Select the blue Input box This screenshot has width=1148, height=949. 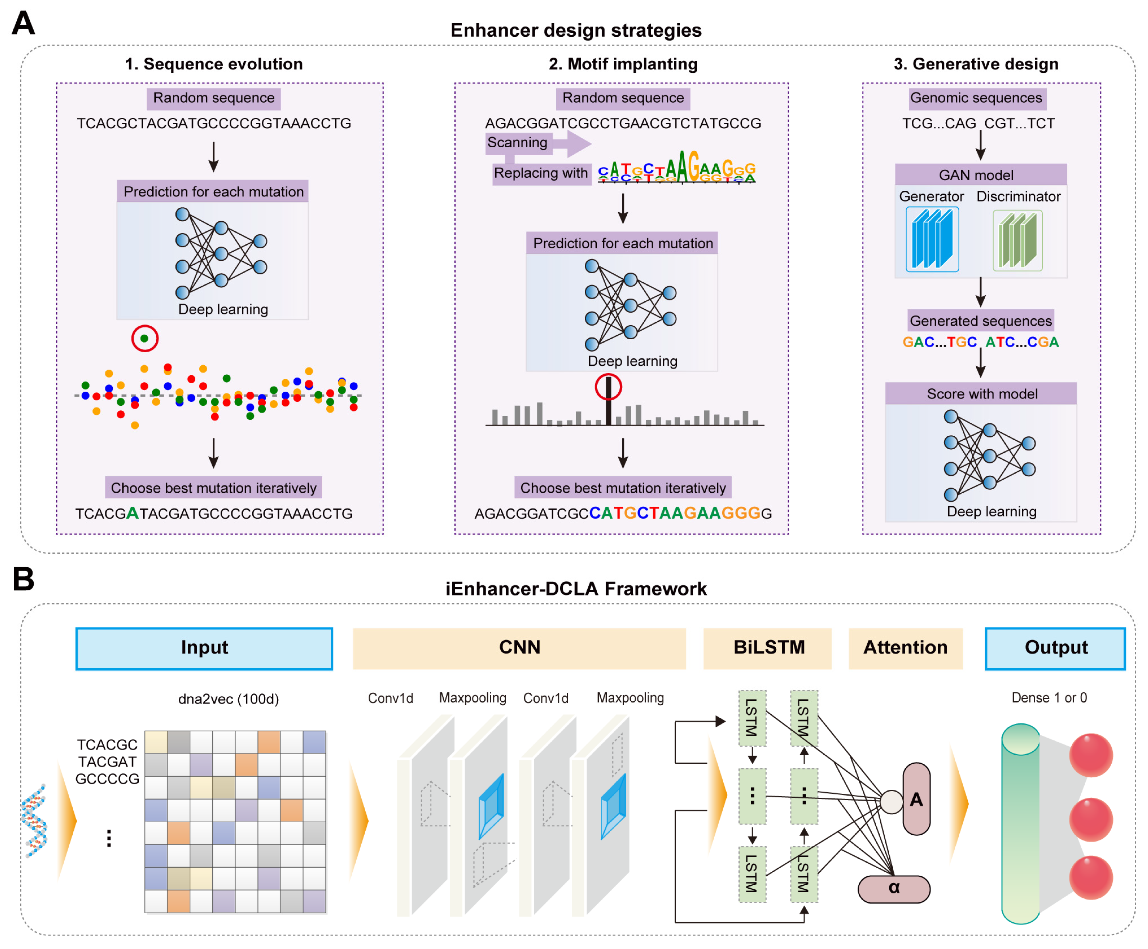[x=204, y=648]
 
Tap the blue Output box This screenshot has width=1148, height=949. [x=1055, y=648]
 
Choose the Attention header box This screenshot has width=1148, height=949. [x=905, y=648]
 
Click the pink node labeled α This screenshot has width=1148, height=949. [x=894, y=888]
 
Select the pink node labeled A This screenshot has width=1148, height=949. [x=916, y=799]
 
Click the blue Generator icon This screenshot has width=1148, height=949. [x=932, y=240]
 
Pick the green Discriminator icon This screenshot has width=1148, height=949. [x=1017, y=240]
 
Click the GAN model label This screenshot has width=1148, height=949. [x=975, y=175]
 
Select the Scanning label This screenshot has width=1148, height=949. [x=517, y=143]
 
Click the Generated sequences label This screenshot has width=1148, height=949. [x=980, y=321]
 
